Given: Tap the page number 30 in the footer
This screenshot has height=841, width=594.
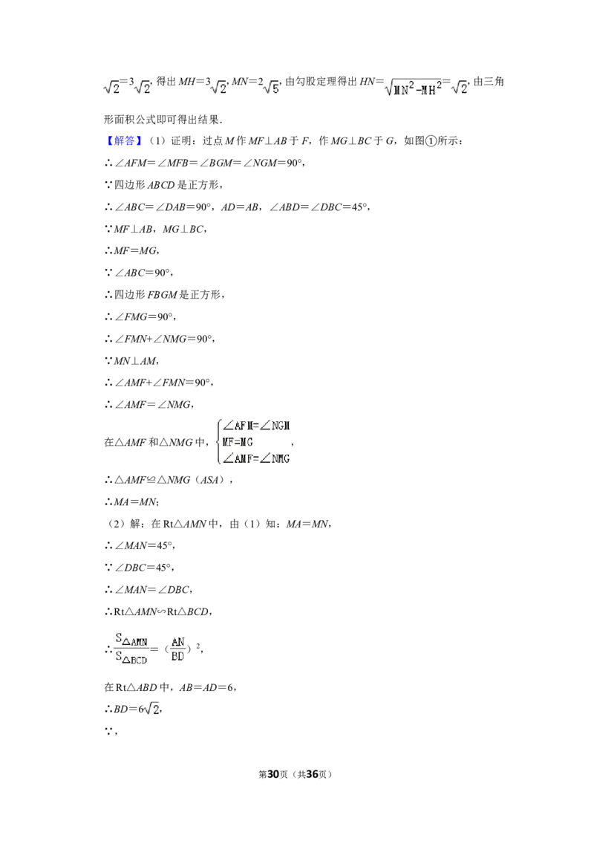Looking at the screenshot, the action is tap(273, 774).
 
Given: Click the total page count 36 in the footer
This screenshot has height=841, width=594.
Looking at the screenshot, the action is tap(312, 774).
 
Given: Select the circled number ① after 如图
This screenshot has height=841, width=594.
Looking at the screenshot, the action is tap(431, 141).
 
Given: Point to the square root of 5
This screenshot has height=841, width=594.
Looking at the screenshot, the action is tap(272, 86).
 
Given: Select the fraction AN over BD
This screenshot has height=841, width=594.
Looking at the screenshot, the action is tap(178, 649).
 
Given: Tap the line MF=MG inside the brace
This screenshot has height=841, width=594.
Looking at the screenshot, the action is tap(237, 443).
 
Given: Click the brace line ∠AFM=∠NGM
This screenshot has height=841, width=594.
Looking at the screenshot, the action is tap(256, 426).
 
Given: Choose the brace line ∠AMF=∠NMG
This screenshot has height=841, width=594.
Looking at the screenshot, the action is tap(256, 459).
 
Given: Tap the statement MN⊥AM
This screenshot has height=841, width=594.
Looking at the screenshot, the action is tap(136, 361).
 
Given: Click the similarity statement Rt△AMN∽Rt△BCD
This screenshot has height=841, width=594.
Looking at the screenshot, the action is tap(162, 612).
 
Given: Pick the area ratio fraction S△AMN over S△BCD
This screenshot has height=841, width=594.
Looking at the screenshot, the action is tap(131, 649).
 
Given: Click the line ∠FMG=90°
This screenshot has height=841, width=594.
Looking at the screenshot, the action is tap(145, 317).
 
